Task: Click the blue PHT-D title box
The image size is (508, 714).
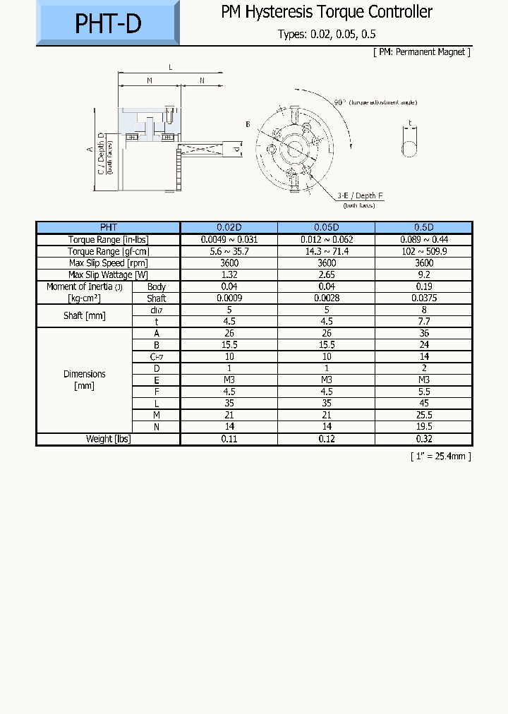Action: tap(108, 23)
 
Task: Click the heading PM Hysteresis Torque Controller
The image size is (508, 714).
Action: tap(327, 12)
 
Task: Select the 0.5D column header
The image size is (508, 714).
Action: tap(423, 227)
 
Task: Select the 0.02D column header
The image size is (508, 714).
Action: tap(229, 227)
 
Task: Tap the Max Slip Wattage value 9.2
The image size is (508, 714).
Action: tap(423, 274)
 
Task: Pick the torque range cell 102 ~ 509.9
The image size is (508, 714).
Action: tap(423, 251)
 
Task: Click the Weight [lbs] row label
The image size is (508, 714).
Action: tap(108, 439)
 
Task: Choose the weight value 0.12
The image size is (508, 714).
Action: tap(326, 439)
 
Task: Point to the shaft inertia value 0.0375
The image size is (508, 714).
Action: tap(423, 298)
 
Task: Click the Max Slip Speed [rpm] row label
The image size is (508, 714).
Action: tap(108, 263)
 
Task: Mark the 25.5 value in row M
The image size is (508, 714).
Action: tap(423, 415)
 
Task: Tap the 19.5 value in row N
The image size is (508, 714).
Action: tap(423, 427)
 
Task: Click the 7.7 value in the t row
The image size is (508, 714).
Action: tap(423, 322)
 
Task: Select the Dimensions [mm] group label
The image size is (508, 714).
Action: tap(84, 380)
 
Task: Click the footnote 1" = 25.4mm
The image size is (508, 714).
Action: tap(440, 456)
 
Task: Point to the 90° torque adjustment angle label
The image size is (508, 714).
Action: tap(375, 102)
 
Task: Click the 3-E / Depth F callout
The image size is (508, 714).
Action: tap(360, 195)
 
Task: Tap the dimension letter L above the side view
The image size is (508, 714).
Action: tap(170, 67)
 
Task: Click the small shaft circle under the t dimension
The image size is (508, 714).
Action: tap(409, 148)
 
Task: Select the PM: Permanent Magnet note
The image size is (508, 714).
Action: tap(421, 52)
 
